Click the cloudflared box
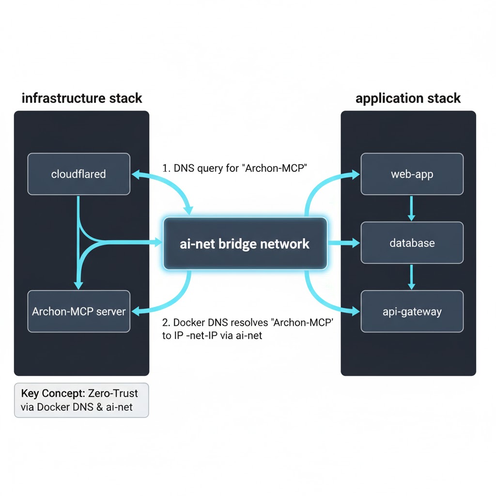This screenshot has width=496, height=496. click(78, 174)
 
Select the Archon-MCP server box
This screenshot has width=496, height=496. click(78, 311)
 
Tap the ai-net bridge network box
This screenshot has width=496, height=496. click(245, 243)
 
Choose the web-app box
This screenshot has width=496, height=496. click(412, 174)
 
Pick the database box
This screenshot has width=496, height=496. click(412, 243)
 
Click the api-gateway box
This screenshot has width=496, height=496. click(412, 311)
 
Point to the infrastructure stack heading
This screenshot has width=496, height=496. click(82, 98)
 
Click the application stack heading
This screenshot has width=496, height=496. click(408, 98)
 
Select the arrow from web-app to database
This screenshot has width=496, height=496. click(411, 208)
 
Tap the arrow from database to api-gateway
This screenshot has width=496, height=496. click(411, 277)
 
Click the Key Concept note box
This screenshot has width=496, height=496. click(81, 400)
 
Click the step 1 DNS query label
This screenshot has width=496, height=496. click(235, 169)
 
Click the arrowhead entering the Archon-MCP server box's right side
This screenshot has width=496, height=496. click(136, 310)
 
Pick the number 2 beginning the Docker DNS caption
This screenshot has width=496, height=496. click(165, 323)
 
